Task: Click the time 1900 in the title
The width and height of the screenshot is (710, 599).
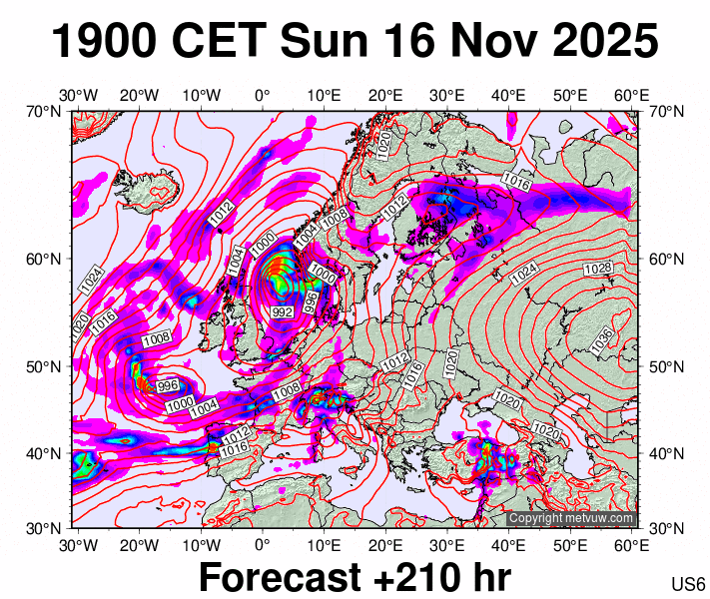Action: point(104,42)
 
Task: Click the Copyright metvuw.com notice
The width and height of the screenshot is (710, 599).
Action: point(570,519)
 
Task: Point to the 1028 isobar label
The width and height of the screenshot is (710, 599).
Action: point(597,269)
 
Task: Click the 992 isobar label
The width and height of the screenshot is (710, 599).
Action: point(283,312)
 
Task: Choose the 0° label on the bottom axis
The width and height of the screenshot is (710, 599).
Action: point(263,545)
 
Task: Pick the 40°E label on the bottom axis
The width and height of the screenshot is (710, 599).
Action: point(508,545)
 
